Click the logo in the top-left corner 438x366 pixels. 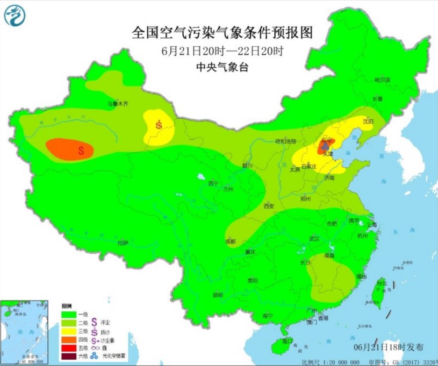click(x=15, y=15)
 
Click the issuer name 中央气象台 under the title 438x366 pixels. click(x=222, y=67)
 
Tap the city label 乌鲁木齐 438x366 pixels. click(x=118, y=104)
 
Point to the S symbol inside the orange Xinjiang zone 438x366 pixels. click(x=81, y=151)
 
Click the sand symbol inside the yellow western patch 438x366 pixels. click(x=159, y=124)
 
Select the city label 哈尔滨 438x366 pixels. click(x=382, y=80)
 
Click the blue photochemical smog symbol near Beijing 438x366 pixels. click(x=324, y=147)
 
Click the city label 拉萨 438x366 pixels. click(x=123, y=242)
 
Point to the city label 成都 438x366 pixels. click(x=230, y=242)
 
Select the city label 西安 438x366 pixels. click(x=269, y=206)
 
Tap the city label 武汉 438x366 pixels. click(x=314, y=238)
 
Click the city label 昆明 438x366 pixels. click(x=218, y=295)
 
